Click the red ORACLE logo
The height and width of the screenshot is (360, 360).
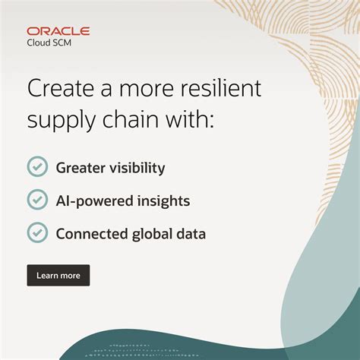(58, 31)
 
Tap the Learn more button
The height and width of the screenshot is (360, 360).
(58, 275)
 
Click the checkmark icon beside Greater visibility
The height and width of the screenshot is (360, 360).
(37, 167)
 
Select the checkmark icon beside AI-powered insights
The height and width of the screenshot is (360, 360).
(37, 200)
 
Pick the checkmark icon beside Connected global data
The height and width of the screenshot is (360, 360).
(37, 232)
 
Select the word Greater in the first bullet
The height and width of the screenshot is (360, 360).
(81, 168)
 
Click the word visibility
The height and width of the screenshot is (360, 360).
(137, 168)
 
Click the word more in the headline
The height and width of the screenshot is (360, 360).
(147, 89)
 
